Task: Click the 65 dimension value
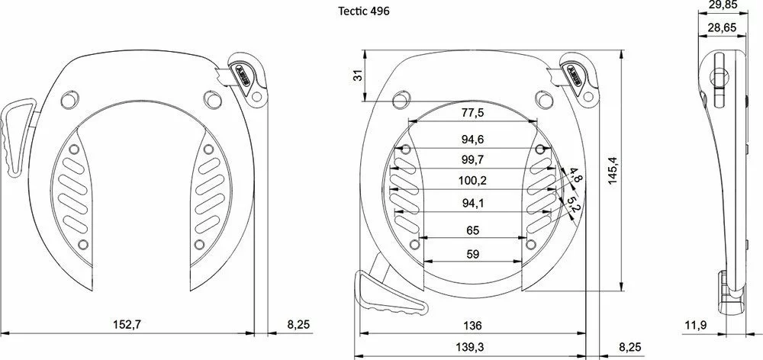coord(472,230)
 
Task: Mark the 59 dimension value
coord(472,255)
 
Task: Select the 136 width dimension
coord(472,326)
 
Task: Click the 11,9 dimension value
coord(694,326)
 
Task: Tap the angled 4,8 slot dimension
coord(576,178)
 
